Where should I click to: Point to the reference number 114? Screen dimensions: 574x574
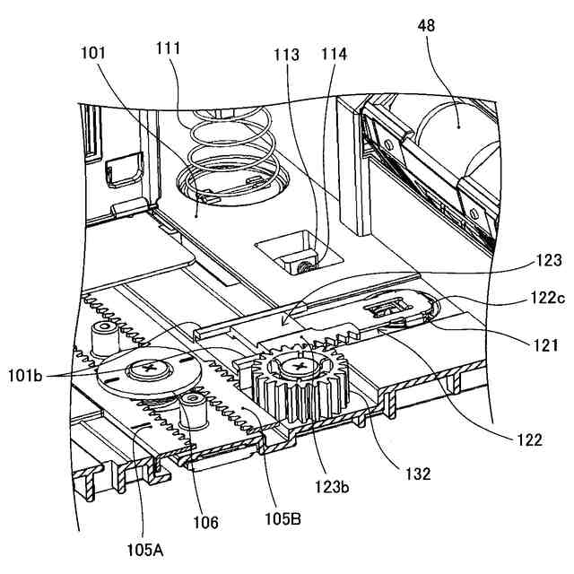click(334, 53)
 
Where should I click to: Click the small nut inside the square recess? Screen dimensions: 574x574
click(305, 265)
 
